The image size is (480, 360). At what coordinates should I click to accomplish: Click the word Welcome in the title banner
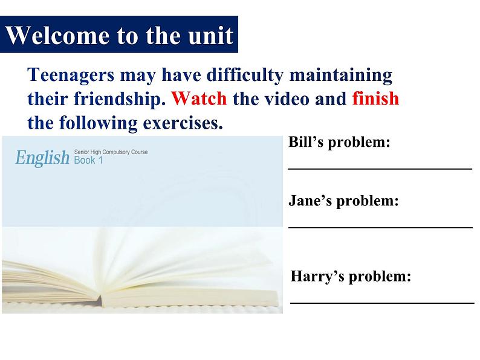(58, 35)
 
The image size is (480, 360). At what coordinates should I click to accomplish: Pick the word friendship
(120, 99)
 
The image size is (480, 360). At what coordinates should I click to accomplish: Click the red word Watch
(199, 98)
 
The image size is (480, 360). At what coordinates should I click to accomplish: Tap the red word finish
(375, 98)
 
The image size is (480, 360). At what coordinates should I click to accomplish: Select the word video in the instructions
(287, 98)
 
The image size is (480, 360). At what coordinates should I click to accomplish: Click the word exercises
(183, 123)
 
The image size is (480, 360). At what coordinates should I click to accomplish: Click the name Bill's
(306, 141)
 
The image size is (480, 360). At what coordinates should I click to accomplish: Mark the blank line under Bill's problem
(380, 169)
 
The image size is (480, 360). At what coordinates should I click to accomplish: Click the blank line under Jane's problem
(380, 227)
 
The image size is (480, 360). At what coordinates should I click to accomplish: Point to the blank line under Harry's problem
(382, 303)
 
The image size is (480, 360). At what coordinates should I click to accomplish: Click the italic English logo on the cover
(42, 158)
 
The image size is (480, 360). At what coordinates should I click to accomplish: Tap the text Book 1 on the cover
(88, 160)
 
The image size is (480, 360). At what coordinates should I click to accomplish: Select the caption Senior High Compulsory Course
(111, 152)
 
